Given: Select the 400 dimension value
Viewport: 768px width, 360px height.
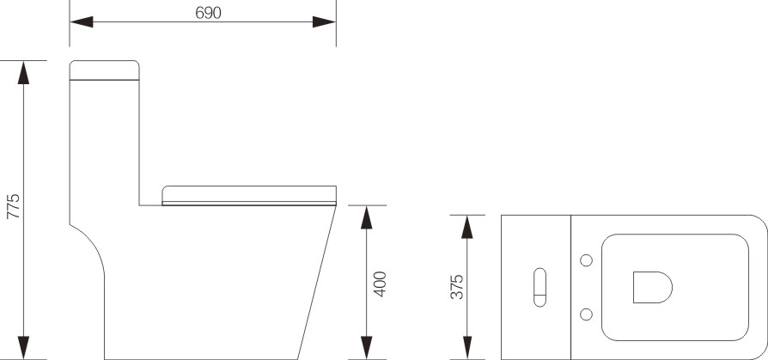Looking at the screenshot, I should pyautogui.click(x=380, y=284).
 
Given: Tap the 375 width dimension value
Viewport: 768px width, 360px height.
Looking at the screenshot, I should pyautogui.click(x=458, y=286).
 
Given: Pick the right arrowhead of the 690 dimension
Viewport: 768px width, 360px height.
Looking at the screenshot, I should pyautogui.click(x=324, y=22).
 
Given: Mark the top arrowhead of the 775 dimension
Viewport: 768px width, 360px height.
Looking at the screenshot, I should pyautogui.click(x=24, y=72).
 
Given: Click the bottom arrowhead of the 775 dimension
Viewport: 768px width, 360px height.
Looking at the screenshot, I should pyautogui.click(x=24, y=348).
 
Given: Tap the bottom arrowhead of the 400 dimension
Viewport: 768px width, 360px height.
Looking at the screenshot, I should pyautogui.click(x=368, y=348).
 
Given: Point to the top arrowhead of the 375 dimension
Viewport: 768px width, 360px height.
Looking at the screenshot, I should pyautogui.click(x=467, y=226).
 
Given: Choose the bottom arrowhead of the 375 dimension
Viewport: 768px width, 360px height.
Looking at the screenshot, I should pyautogui.click(x=467, y=348).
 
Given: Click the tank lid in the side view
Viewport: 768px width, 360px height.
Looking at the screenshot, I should pyautogui.click(x=105, y=70).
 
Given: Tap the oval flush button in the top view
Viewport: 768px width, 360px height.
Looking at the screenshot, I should pyautogui.click(x=539, y=287).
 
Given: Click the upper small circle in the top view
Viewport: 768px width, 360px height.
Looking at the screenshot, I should pyautogui.click(x=587, y=259).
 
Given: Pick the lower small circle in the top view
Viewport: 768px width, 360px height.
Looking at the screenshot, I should pyautogui.click(x=587, y=313).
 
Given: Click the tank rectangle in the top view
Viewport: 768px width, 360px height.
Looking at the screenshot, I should pyautogui.click(x=536, y=286).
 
